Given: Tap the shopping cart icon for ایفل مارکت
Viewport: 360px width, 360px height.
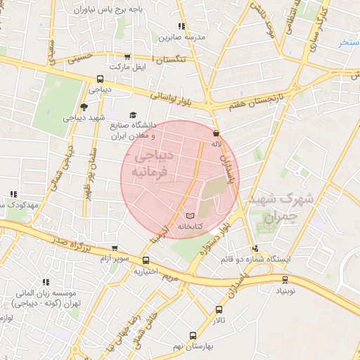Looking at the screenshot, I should (127, 57).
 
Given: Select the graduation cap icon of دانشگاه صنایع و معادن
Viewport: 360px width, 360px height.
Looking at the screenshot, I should (132, 115).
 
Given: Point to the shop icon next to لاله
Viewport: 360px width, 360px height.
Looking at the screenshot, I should (215, 133).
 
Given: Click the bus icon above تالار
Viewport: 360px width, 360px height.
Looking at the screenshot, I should (219, 309).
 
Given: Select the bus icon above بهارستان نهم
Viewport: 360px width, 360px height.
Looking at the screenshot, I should (193, 335).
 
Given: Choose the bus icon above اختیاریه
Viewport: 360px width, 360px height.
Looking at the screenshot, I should (146, 260).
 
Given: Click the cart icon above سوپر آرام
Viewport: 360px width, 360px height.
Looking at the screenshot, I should (115, 247).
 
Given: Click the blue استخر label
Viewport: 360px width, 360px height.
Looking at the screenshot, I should (349, 43).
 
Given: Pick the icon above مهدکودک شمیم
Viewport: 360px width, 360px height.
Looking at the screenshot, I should (13, 194).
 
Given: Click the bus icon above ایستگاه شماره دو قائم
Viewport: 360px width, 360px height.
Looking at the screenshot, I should (255, 247).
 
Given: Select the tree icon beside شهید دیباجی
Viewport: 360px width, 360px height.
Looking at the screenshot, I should (84, 107).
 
